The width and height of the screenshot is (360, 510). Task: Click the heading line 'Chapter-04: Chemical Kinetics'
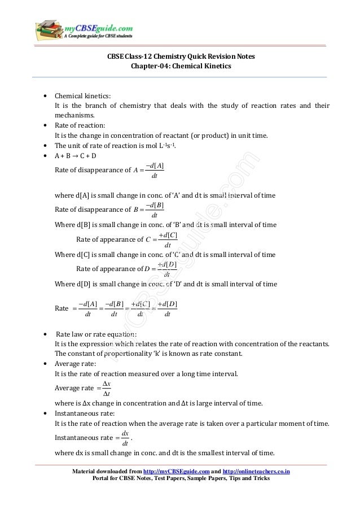(181, 66)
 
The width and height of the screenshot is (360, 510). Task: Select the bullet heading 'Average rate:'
(75, 364)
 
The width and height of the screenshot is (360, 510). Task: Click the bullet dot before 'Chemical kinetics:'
(45, 97)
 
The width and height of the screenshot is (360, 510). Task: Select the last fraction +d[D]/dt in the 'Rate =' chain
(168, 309)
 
